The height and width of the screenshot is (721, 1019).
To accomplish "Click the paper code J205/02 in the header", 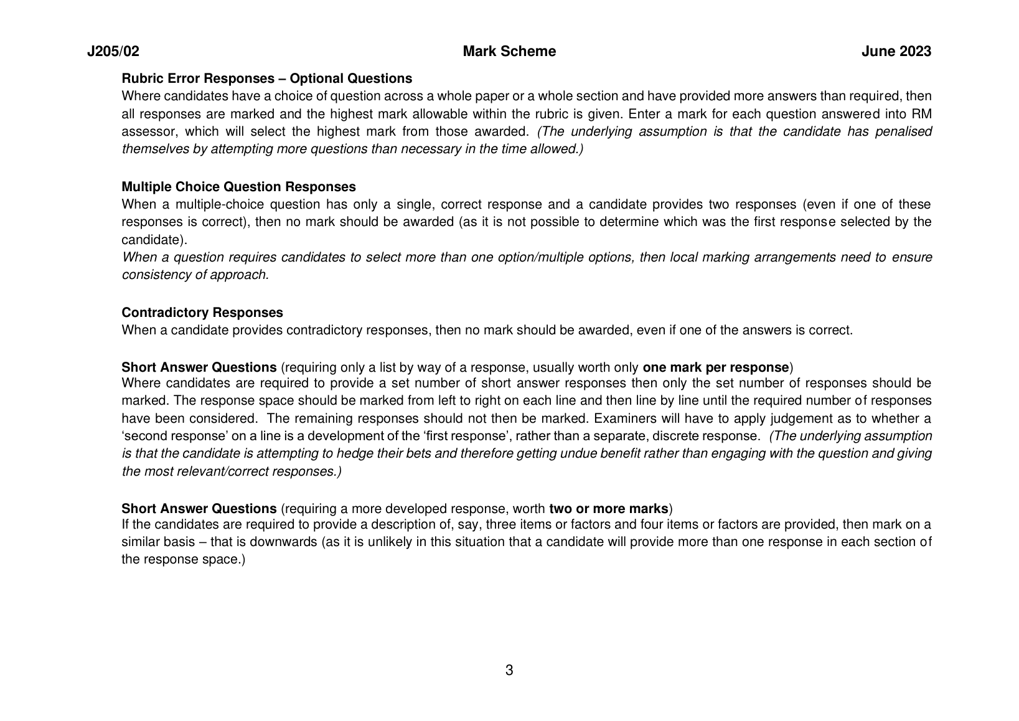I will (x=113, y=52).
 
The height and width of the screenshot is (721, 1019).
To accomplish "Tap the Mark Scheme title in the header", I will (x=509, y=52).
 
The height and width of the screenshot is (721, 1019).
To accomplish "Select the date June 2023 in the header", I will (x=896, y=52).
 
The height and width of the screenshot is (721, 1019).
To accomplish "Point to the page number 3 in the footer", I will (x=509, y=671).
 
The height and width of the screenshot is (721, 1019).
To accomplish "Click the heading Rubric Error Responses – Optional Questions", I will (x=266, y=78).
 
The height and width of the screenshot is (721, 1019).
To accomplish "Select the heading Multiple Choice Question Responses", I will (x=238, y=187).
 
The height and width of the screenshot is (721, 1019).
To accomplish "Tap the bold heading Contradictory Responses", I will (x=202, y=313).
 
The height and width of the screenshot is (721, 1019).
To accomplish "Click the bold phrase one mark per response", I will (x=715, y=367).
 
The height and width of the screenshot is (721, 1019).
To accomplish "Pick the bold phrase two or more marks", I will (x=608, y=508).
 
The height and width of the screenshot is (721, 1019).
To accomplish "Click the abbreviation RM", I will (x=921, y=114).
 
